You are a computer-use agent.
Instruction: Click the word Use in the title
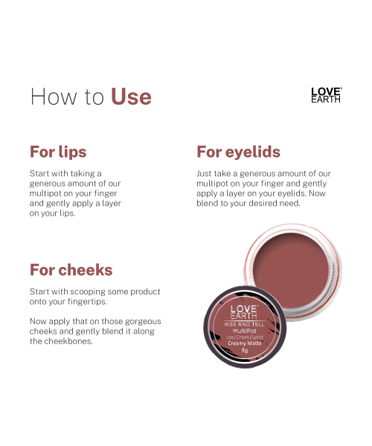pos(131,97)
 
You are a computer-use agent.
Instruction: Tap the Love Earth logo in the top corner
pos(326,95)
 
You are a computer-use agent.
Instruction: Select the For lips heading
pos(58,152)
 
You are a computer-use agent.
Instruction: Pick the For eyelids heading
pos(238,152)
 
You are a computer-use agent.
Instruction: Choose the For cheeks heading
pos(71,270)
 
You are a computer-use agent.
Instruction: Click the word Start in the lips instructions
pos(40,173)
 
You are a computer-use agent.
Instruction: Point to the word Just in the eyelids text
pos(205,173)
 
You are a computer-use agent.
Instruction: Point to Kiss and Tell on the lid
pos(243,326)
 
